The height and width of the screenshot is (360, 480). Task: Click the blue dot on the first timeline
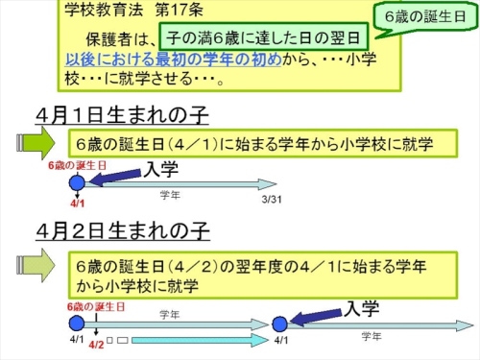[77, 183]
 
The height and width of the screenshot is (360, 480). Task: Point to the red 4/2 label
[96, 343]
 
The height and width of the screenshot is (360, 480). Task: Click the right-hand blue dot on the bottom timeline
[279, 324]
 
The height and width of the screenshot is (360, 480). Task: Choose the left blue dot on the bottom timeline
[78, 323]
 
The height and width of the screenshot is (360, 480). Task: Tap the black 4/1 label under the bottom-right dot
[279, 342]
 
